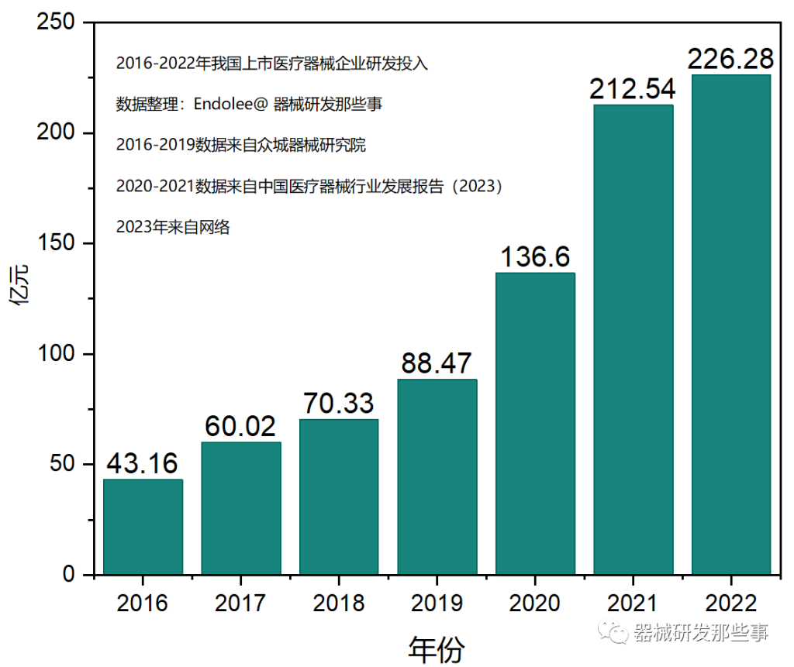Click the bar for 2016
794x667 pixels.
(x=143, y=527)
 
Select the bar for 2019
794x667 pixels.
(x=437, y=476)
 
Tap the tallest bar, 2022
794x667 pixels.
(x=730, y=325)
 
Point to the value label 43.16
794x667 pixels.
(x=143, y=463)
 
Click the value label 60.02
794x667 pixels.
(x=240, y=426)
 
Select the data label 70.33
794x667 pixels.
(x=338, y=404)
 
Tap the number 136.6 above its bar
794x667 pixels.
(x=535, y=256)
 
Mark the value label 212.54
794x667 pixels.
(x=633, y=89)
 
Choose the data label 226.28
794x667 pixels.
(x=730, y=59)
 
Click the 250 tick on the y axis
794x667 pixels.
(x=57, y=23)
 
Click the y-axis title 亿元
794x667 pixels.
(x=22, y=287)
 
